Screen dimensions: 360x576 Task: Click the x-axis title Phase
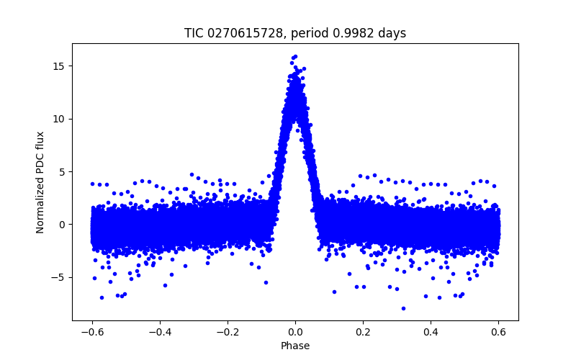(295, 346)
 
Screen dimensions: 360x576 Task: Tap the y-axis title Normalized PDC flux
(40, 182)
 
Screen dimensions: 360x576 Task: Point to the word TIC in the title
(194, 33)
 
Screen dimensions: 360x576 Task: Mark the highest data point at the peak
(295, 56)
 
